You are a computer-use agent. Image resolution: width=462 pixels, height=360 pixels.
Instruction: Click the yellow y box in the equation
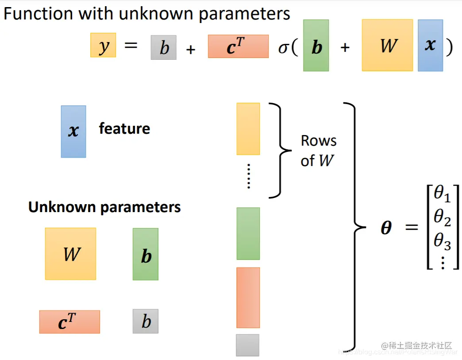coord(103,45)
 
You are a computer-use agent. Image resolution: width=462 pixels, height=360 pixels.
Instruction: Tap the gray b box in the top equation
coord(163,47)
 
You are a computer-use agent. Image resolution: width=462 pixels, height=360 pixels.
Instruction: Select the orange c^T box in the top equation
coord(238,46)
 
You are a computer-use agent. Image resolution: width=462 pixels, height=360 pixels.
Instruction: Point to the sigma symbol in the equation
coord(283,47)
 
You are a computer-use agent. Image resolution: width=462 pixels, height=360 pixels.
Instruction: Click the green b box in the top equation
coord(316,46)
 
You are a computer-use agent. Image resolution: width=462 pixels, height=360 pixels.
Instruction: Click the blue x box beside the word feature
coord(73,132)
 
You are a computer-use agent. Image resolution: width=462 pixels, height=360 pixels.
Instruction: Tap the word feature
coord(124,129)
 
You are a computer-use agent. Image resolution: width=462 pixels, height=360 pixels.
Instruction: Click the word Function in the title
coord(39,14)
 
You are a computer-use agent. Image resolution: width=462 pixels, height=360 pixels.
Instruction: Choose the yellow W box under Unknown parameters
coord(70,254)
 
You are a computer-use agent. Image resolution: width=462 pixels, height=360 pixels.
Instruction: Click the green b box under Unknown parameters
coord(146,254)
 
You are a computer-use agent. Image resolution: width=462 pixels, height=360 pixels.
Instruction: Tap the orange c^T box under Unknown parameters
coord(69,322)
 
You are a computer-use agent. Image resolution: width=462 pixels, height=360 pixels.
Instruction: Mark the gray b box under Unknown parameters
coord(146,321)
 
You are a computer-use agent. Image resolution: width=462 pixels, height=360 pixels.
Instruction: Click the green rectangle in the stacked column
coord(248,233)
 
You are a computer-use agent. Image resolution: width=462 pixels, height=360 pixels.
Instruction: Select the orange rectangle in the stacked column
coord(248,298)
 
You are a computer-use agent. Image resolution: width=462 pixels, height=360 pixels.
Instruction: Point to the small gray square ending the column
coord(247,345)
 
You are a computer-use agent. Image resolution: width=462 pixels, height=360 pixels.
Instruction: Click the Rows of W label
coord(319,151)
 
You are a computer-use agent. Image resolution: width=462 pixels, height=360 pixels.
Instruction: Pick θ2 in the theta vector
coord(442,217)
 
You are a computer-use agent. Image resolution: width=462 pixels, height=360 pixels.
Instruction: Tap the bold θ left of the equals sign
coord(386,228)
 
